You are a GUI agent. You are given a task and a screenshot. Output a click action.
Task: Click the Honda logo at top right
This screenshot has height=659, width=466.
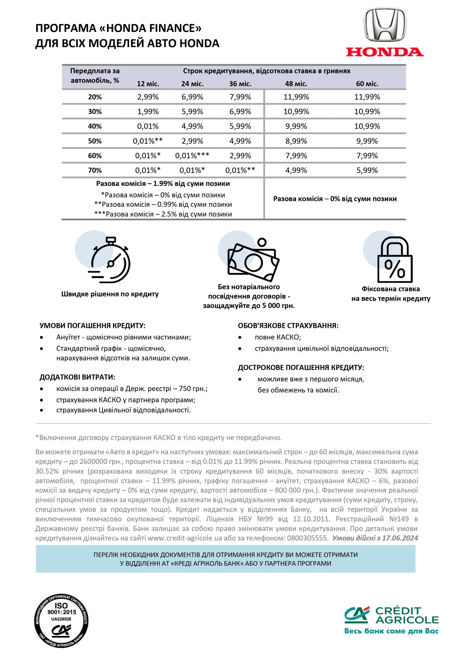point(385,32)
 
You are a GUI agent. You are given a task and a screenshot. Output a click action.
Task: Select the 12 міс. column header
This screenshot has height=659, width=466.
point(148,84)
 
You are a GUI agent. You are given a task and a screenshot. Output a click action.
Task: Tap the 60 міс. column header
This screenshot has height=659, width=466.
point(367,84)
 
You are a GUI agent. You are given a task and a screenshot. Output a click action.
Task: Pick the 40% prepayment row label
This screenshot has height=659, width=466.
point(95,126)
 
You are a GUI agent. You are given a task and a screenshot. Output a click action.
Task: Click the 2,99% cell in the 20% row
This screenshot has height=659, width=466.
point(148,97)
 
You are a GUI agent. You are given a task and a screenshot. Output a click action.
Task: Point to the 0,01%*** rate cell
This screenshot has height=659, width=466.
point(192,156)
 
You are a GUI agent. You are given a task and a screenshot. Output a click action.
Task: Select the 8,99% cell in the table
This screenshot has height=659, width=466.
point(296,141)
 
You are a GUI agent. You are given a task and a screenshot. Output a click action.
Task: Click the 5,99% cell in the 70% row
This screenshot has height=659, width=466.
point(367,170)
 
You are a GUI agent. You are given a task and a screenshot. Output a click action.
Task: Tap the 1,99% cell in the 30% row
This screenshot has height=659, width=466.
point(148,112)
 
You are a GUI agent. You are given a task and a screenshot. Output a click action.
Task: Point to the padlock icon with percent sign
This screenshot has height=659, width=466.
point(394,260)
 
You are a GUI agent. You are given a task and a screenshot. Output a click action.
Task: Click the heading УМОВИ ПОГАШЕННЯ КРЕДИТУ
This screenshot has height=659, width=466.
point(92,326)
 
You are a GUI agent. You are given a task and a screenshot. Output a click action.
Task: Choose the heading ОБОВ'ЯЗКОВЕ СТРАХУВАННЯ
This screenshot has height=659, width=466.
point(288,326)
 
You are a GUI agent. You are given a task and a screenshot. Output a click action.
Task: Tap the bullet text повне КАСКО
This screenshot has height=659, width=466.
point(278,337)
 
